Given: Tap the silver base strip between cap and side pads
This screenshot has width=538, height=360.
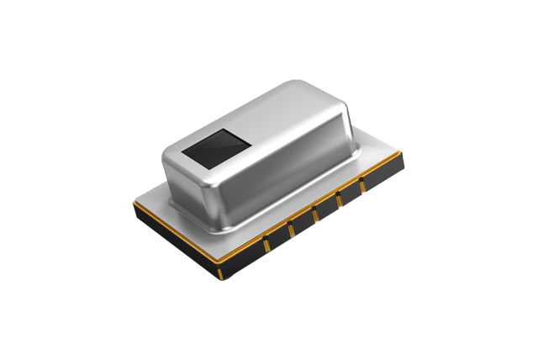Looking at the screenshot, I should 303,206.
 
